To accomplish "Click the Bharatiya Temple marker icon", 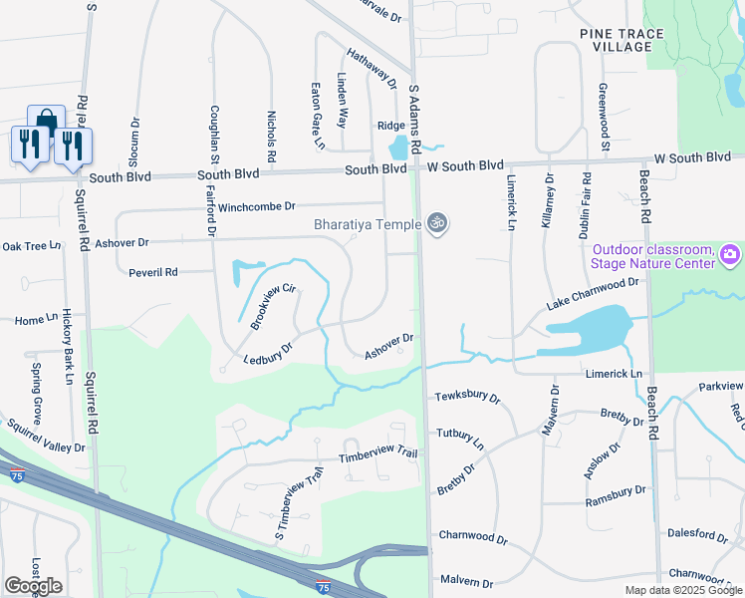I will pos(435,223).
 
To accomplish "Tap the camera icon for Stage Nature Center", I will pos(730,256).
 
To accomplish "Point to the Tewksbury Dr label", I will pos(468,396).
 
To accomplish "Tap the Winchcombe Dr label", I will pos(257,206).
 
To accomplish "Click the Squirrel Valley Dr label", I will pos(47,438).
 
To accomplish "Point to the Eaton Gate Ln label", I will pos(318,116).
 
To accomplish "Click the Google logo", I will pos(33,586).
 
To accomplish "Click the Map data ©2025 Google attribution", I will pos(682,590).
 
